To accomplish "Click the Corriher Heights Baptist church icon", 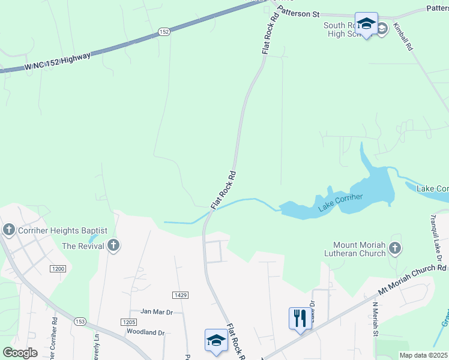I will coord(9,230).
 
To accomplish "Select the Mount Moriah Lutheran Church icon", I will coord(395,247).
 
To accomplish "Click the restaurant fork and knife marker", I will coord(300,317).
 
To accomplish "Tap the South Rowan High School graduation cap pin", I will coord(366,23).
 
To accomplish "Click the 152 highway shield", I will coord(164,32).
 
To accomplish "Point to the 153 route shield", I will coord(80,322).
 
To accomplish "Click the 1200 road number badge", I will coord(58,269).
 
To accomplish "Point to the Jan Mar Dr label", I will coord(156,311).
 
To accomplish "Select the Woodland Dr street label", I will coord(145,332).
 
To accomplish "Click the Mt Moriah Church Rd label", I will coord(412,279).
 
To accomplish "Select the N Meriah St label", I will coord(375,319).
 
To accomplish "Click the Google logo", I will coord(20,353).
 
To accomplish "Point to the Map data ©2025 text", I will coord(423,355).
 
